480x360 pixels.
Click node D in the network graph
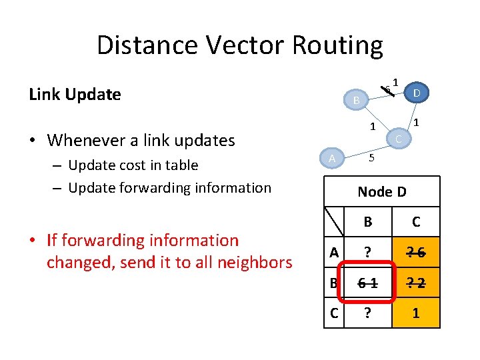(x=416, y=93)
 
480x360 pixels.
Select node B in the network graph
(x=357, y=100)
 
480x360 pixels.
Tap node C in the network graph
(x=397, y=139)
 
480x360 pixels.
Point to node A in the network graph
(x=332, y=157)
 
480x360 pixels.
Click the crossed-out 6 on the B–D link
(x=387, y=89)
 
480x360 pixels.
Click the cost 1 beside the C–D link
(x=417, y=122)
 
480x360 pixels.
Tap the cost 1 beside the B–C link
(x=373, y=127)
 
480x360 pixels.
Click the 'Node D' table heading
(x=381, y=192)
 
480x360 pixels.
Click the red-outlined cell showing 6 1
(x=366, y=282)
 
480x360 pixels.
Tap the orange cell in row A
(x=416, y=252)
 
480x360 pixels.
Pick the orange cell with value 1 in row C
(x=416, y=312)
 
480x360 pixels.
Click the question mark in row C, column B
(x=367, y=312)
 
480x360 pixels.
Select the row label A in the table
(x=334, y=252)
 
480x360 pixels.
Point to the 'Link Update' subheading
(x=75, y=95)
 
